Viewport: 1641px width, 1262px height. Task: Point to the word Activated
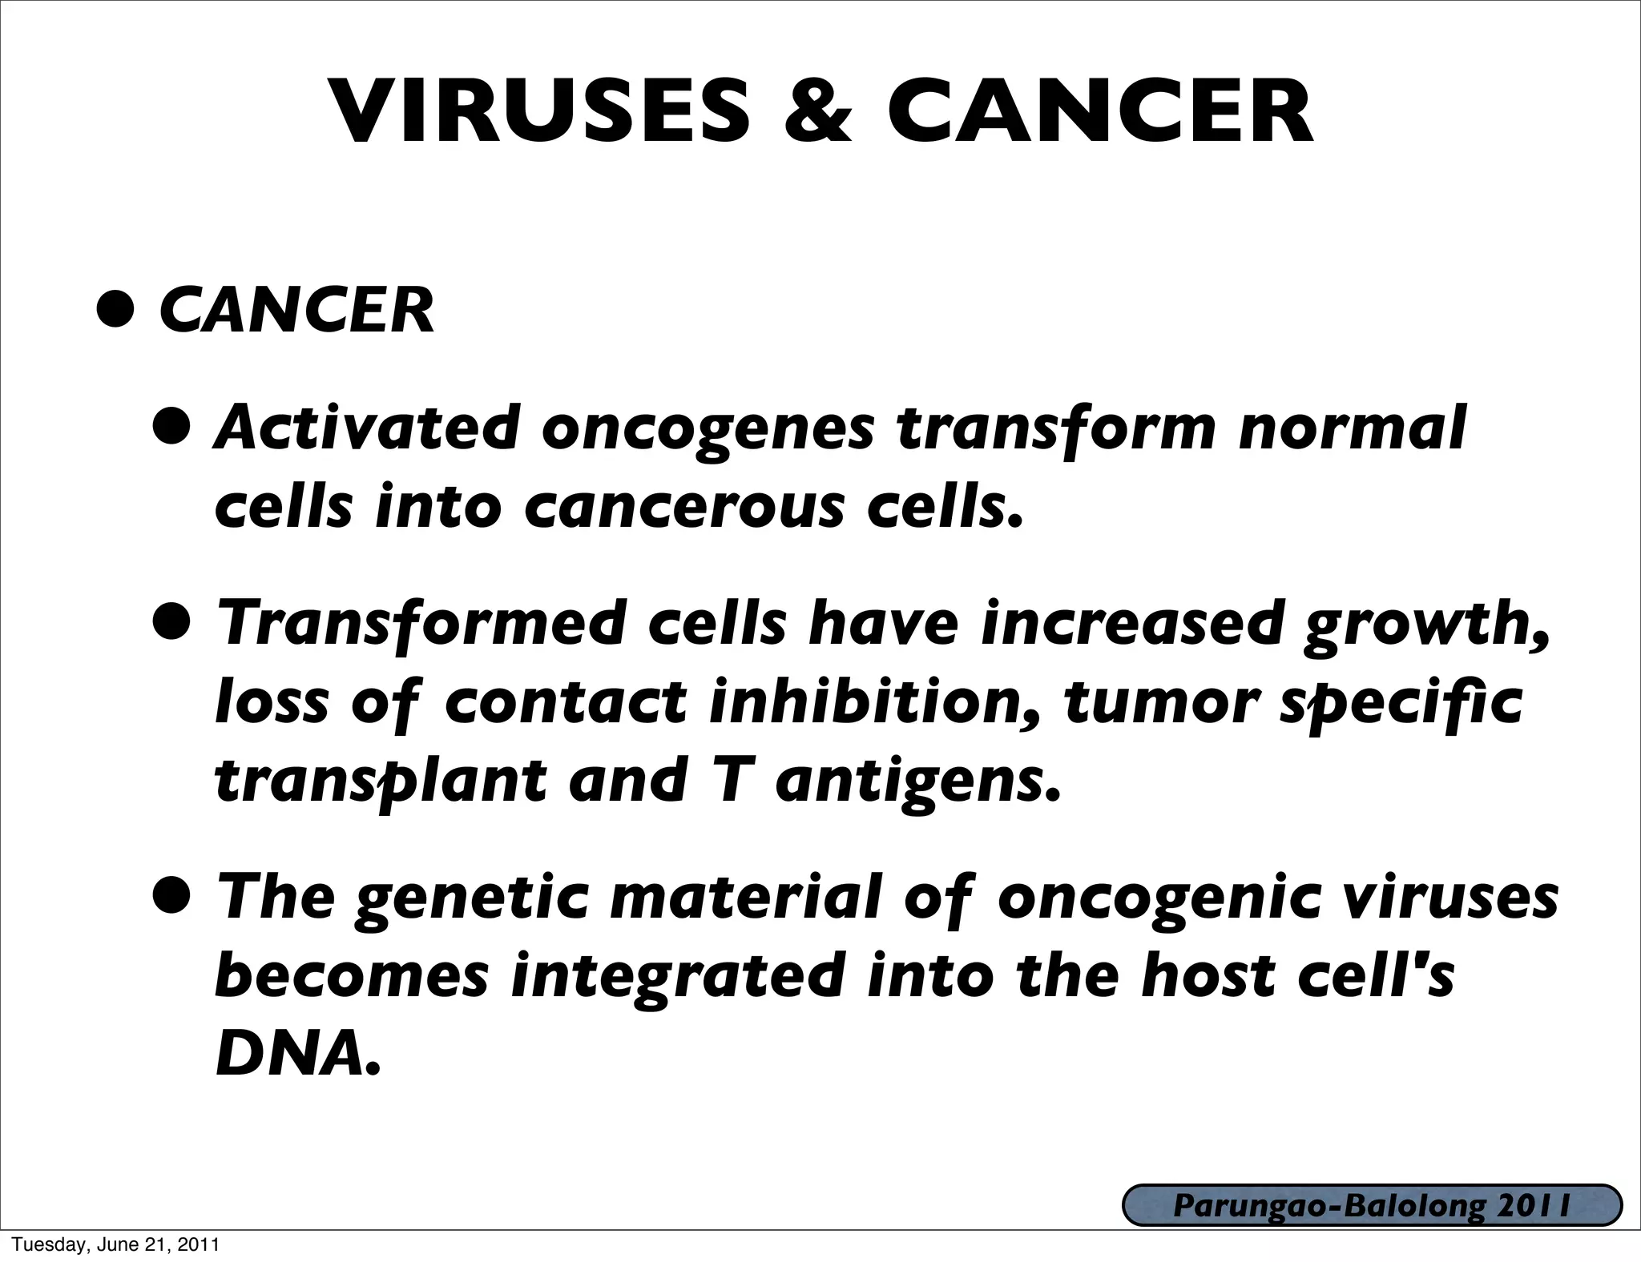(369, 428)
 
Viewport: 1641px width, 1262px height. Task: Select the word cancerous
(684, 508)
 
